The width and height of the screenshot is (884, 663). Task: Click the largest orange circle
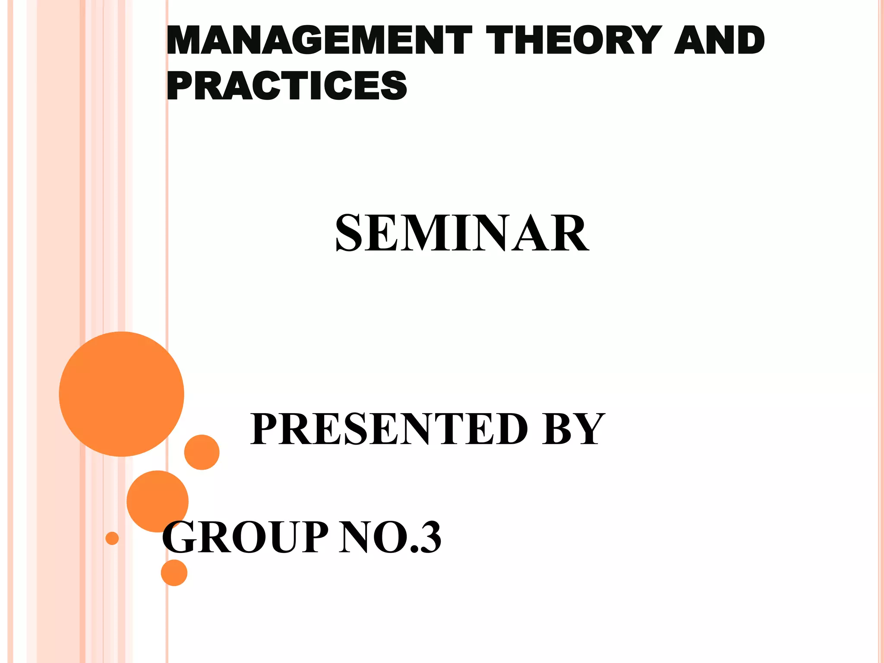coord(122,394)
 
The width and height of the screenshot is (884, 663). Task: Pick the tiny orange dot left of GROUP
coord(112,538)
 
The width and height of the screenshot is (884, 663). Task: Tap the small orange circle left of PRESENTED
coord(202,452)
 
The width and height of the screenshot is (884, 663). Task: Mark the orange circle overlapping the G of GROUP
coord(157,501)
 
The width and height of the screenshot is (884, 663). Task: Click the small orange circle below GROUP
coord(174,573)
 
